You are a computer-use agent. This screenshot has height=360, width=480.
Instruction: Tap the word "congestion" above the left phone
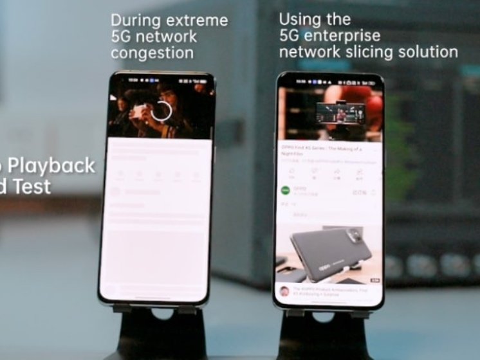pos(152,53)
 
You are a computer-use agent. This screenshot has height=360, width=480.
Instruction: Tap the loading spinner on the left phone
pos(161,111)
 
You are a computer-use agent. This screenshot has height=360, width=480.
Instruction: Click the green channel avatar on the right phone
pos(286,191)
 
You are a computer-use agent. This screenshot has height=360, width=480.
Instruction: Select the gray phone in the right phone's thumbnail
pos(331,251)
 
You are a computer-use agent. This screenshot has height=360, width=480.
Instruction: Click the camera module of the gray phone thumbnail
pos(356,238)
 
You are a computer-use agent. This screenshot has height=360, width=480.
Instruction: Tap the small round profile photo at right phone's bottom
pos(284,291)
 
